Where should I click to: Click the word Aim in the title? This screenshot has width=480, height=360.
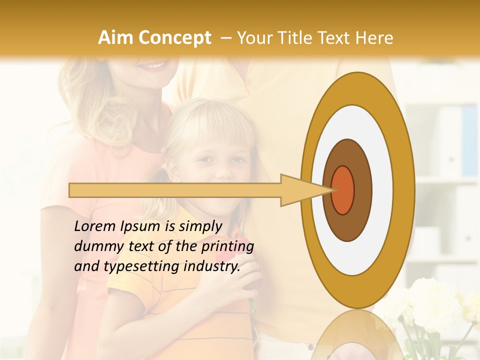pos(115,38)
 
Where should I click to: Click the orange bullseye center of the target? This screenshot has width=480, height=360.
pos(343,190)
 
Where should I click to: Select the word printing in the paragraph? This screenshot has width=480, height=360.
pos(227,247)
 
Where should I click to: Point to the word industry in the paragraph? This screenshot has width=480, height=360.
pos(212,266)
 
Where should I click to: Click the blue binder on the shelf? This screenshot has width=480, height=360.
pos(469,140)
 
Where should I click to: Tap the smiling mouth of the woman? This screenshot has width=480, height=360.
pos(152,65)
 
